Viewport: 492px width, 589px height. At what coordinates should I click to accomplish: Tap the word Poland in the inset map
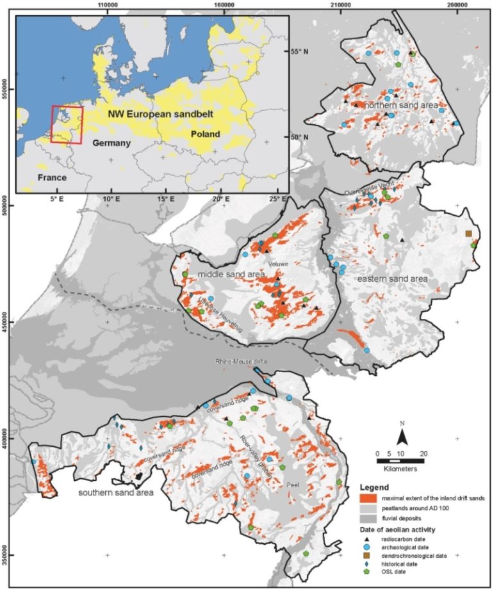[205, 134]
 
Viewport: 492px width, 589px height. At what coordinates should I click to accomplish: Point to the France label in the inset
[51, 177]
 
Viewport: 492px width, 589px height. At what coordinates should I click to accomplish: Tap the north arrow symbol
[402, 437]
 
